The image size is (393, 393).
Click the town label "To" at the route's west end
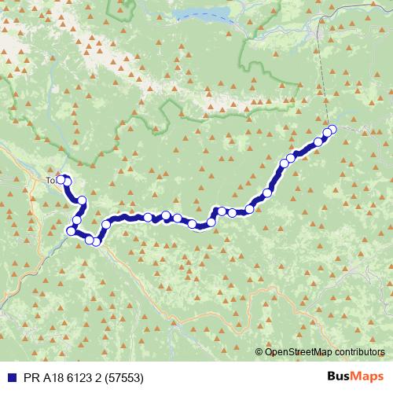coord(50,180)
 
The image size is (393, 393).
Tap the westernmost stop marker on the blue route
coord(60,179)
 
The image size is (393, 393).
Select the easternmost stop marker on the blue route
coord(332,130)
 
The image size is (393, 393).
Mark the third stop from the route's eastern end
coord(318,142)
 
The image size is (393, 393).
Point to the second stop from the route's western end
coord(67,182)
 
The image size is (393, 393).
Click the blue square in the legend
coord(8,378)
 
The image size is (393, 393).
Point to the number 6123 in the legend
coord(77,378)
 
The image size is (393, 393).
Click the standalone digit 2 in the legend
coord(99,378)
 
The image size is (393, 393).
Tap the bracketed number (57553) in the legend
coord(124,378)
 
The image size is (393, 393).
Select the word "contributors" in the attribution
coord(359,351)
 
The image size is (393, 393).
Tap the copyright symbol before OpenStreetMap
coord(259,351)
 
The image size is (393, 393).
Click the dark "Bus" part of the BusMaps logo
coord(340,377)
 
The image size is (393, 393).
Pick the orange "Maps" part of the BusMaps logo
coord(369,377)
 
